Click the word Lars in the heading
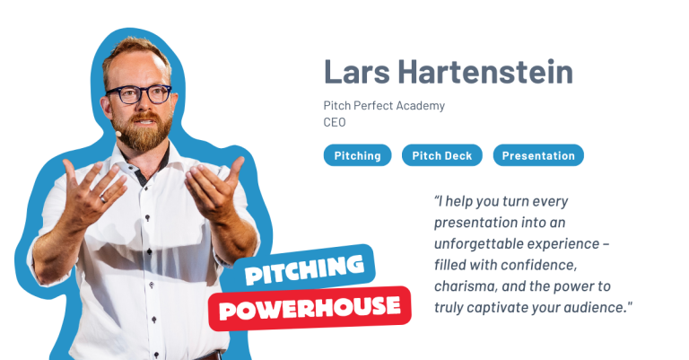coord(357,71)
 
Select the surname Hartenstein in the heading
coord(485,71)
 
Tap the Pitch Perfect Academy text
coord(384,106)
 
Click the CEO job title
coord(335,122)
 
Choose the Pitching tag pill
coord(357,155)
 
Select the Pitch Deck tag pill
coord(442,155)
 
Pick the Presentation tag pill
coord(538,155)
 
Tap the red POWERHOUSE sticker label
coord(310,308)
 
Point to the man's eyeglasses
coord(139,94)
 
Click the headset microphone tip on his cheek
coord(118,133)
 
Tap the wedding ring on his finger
coord(104,198)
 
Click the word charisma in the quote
coord(466,286)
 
